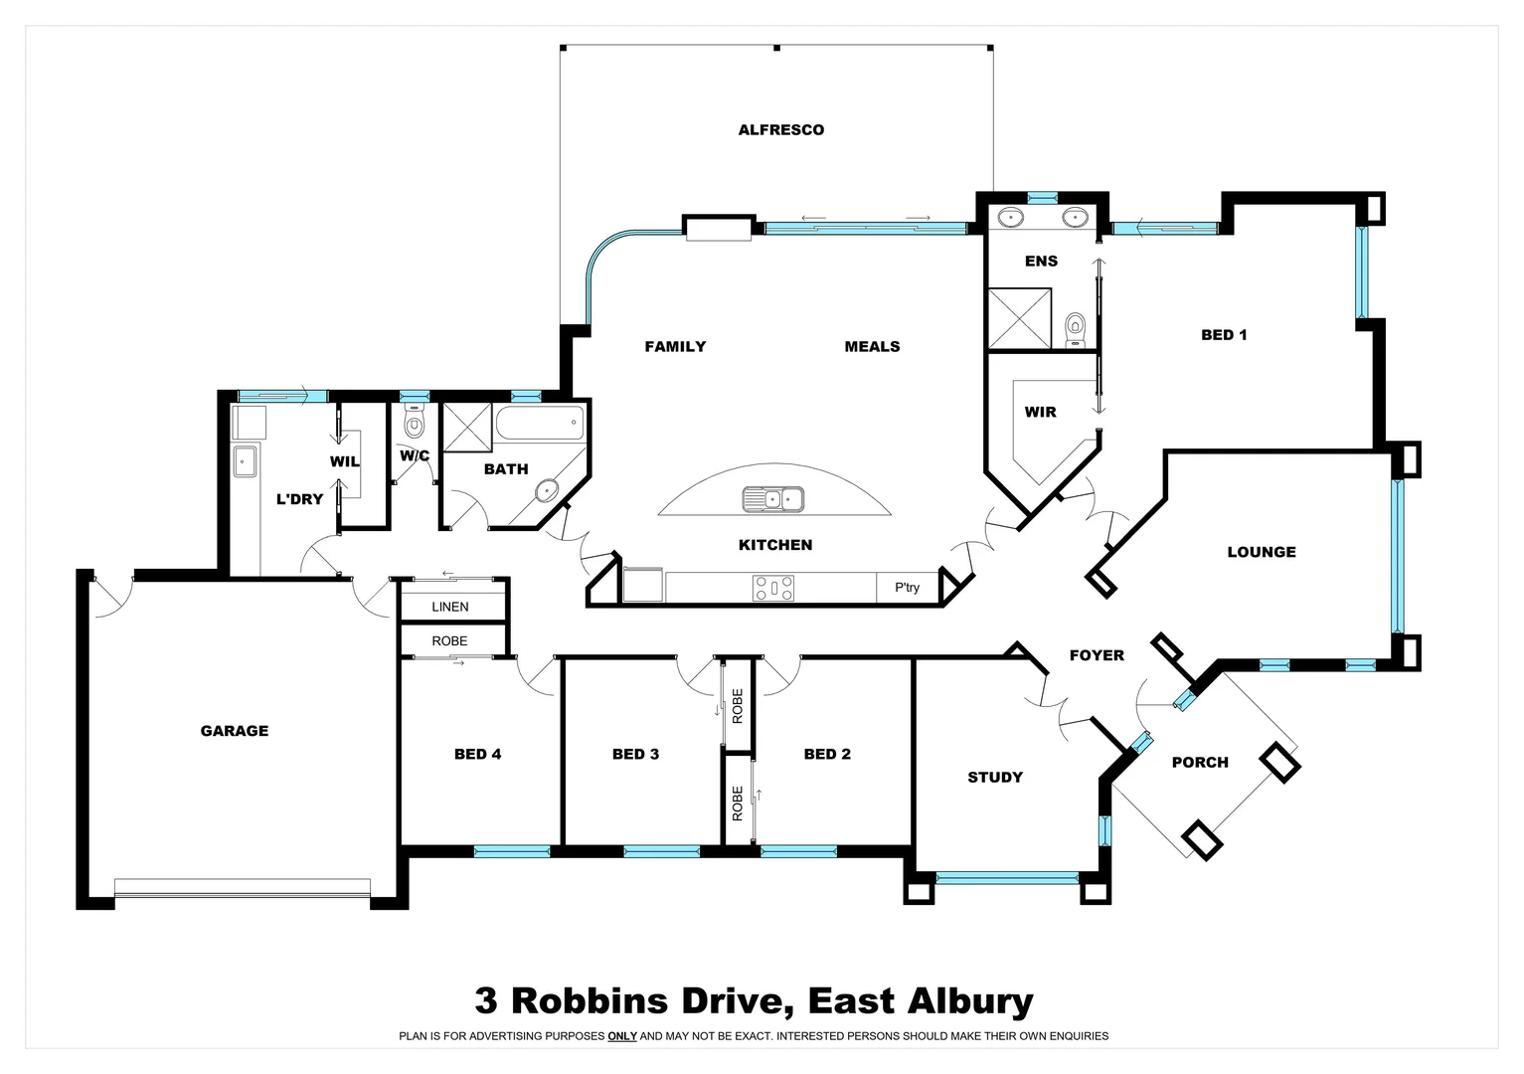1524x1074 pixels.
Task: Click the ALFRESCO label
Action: click(x=780, y=129)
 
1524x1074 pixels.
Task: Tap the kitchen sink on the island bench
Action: click(x=772, y=499)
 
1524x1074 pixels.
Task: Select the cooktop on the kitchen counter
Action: click(x=773, y=589)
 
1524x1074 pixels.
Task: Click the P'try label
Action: click(x=907, y=588)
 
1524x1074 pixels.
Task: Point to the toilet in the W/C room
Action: click(x=414, y=425)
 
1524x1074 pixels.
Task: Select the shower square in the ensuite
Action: click(x=1019, y=318)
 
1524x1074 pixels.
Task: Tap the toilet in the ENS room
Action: click(x=1075, y=326)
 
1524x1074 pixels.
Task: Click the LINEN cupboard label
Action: click(x=450, y=607)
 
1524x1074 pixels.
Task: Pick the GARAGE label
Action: click(x=235, y=731)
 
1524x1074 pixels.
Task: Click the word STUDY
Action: click(x=995, y=778)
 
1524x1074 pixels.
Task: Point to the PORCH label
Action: click(x=1200, y=763)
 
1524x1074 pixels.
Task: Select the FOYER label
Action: click(x=1097, y=655)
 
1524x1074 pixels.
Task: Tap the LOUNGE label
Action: click(x=1262, y=552)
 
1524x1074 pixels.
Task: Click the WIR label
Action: click(x=1041, y=412)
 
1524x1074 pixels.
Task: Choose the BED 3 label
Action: click(x=635, y=754)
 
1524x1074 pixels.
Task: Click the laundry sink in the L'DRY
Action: click(x=245, y=461)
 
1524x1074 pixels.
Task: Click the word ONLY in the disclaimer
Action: click(x=622, y=1036)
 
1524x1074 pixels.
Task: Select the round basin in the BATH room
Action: click(x=546, y=490)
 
